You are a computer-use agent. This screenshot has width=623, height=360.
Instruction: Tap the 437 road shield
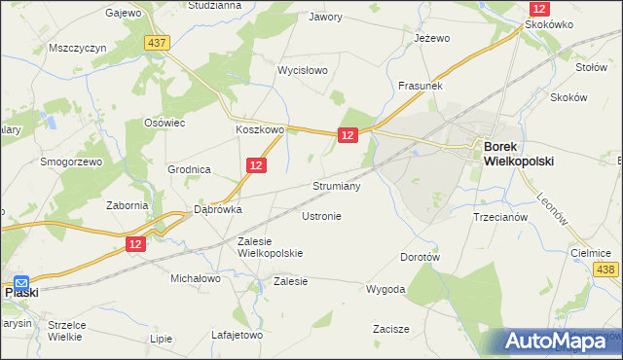[156, 43]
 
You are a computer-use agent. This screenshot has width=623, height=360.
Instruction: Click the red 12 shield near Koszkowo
[255, 166]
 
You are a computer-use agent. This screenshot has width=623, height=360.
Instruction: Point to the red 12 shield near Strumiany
[348, 137]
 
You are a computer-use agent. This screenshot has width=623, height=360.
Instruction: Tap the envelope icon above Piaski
[21, 282]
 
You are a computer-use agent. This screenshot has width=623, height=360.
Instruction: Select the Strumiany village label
[337, 185]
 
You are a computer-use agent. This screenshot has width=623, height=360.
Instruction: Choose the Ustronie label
[321, 216]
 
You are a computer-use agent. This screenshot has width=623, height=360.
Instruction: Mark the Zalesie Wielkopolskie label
[271, 246]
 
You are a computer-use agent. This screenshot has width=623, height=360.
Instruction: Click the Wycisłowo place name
[303, 71]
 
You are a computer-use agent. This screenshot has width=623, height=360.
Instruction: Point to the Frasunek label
[421, 86]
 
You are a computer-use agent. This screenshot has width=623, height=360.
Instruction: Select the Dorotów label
[421, 258]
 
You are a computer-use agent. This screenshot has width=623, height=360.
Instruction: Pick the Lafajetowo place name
[238, 335]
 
